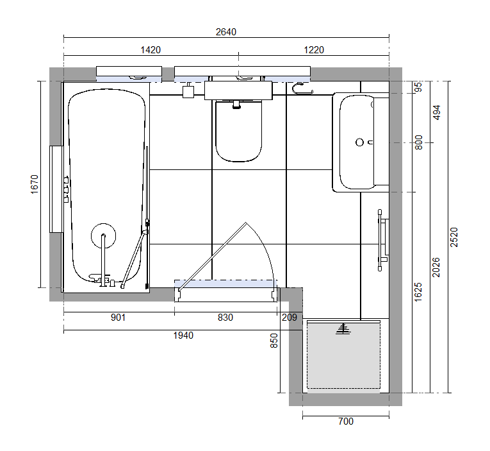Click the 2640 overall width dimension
pos(226,32)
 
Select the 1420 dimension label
pos(151,50)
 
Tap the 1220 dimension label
pos(314,50)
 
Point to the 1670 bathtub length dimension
pos(35,184)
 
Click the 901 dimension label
pos(118,318)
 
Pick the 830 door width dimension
pos(225,318)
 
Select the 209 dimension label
pos(290,318)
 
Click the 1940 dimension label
pos(183,336)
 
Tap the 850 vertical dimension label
pos(274,341)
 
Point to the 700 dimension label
pos(346,421)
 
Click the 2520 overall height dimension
pos(453,237)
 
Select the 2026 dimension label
pos(436,268)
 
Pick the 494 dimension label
pos(437,112)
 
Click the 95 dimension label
pos(418,87)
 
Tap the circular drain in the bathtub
pos(103,235)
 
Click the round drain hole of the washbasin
pos(360,142)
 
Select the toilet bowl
pos(238,131)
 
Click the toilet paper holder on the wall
pos(302,89)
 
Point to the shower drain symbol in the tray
pos(343,328)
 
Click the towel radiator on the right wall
pos(383,240)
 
